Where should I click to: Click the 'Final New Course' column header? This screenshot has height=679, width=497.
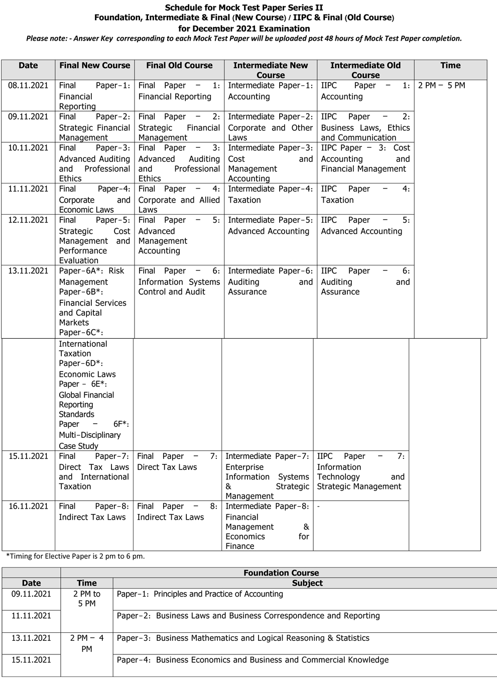tap(94, 65)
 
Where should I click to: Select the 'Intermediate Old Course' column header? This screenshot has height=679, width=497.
tap(365, 70)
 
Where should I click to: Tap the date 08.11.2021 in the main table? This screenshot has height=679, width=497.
tap(28, 85)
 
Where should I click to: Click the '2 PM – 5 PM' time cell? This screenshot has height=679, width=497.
tap(441, 85)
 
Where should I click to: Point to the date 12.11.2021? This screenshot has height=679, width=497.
tap(28, 220)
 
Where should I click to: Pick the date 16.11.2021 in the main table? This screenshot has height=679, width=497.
tap(29, 506)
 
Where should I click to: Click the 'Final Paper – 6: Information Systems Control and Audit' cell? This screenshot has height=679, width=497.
tap(179, 281)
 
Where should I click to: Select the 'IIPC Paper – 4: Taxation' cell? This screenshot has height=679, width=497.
tap(365, 195)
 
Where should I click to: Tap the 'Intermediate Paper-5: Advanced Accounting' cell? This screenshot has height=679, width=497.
tap(270, 226)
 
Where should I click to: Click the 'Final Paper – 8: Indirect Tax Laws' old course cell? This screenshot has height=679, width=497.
tap(177, 512)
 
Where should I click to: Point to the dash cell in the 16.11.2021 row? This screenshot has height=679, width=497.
tap(319, 506)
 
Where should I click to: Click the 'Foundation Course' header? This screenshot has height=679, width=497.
tap(281, 572)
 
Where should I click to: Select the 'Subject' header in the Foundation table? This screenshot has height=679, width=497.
tap(307, 583)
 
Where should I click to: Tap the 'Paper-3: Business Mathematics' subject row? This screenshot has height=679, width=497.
tap(243, 638)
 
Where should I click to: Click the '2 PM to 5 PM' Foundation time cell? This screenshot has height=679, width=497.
tap(87, 599)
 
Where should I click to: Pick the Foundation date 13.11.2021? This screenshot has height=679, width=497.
tap(31, 638)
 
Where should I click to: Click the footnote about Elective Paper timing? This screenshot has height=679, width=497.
tap(75, 556)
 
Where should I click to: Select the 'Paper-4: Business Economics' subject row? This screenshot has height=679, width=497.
tap(253, 660)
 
